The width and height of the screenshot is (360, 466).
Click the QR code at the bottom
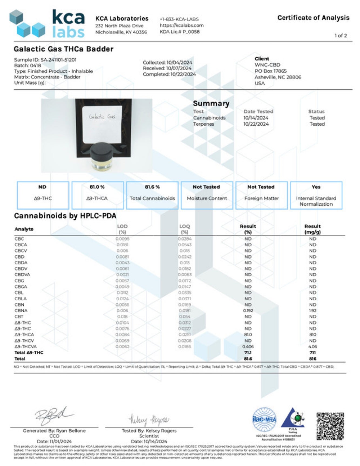[x=330, y=426]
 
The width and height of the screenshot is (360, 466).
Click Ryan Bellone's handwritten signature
[x=53, y=416]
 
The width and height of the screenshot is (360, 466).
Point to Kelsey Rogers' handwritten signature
[x=149, y=420]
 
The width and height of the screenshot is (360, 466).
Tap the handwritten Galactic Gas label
[x=102, y=117]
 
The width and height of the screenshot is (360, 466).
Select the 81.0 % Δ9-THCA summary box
[x=97, y=195]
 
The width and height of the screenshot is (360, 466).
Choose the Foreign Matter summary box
[x=261, y=195]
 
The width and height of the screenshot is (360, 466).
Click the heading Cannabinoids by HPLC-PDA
[x=65, y=216]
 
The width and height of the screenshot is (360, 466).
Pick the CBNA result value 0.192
[x=248, y=311]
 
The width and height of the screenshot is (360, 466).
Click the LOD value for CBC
[x=123, y=239]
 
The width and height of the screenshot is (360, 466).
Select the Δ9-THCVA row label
[x=26, y=347]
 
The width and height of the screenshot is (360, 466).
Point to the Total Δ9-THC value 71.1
[x=248, y=353]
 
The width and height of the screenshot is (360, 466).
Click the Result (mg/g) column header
[x=313, y=229]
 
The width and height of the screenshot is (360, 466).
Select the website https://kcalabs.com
[x=181, y=25]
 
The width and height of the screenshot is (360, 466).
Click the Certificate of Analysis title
[x=313, y=18]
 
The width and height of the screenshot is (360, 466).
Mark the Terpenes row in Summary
[x=203, y=124]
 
